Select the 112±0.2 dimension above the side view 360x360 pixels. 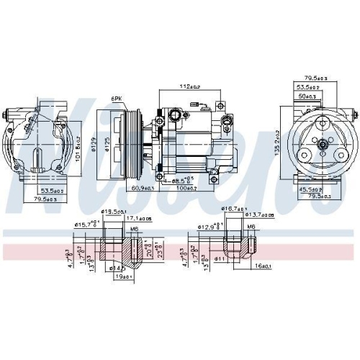coord(190,86)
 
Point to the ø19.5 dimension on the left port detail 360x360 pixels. coord(111,211)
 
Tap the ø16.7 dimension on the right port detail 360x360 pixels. coord(232,207)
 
